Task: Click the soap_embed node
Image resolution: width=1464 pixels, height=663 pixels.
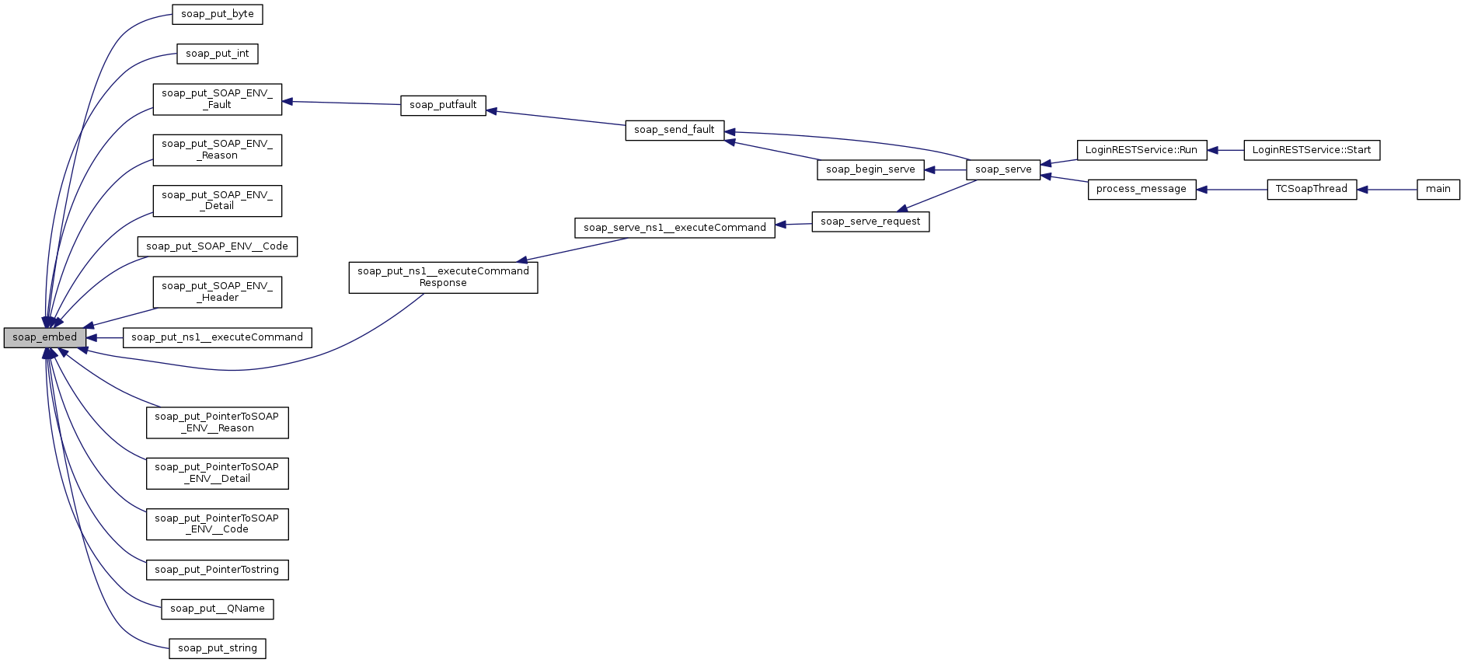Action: click(x=44, y=337)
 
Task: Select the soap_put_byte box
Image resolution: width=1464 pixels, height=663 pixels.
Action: click(x=218, y=15)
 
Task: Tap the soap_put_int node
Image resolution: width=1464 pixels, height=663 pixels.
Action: click(x=218, y=54)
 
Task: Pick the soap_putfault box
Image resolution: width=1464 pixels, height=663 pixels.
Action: click(x=443, y=105)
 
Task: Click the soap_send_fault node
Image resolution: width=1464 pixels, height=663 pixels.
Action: click(x=674, y=130)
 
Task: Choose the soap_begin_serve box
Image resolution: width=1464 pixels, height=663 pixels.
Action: click(x=870, y=169)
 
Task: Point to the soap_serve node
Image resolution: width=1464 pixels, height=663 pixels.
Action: click(x=1003, y=169)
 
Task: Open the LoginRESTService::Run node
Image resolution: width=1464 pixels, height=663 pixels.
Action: click(x=1142, y=150)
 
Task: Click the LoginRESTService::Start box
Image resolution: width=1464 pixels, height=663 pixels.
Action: click(x=1312, y=150)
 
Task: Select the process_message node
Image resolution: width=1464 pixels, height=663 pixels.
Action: click(x=1142, y=189)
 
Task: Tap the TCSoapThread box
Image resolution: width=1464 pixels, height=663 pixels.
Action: click(x=1312, y=189)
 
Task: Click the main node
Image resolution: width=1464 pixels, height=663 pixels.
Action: click(x=1438, y=189)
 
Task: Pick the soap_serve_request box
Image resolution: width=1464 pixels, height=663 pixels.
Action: click(x=870, y=222)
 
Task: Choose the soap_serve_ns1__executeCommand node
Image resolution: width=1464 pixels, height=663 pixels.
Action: click(x=674, y=228)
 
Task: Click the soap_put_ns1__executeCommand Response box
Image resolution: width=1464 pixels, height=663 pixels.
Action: click(x=443, y=277)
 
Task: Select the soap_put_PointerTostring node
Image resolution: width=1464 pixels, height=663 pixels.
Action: click(x=217, y=570)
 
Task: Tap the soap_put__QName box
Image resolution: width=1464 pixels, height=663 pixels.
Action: click(x=218, y=609)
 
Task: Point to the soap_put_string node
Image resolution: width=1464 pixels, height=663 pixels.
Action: click(x=218, y=648)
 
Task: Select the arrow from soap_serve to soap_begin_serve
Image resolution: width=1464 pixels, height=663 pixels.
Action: click(x=945, y=169)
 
